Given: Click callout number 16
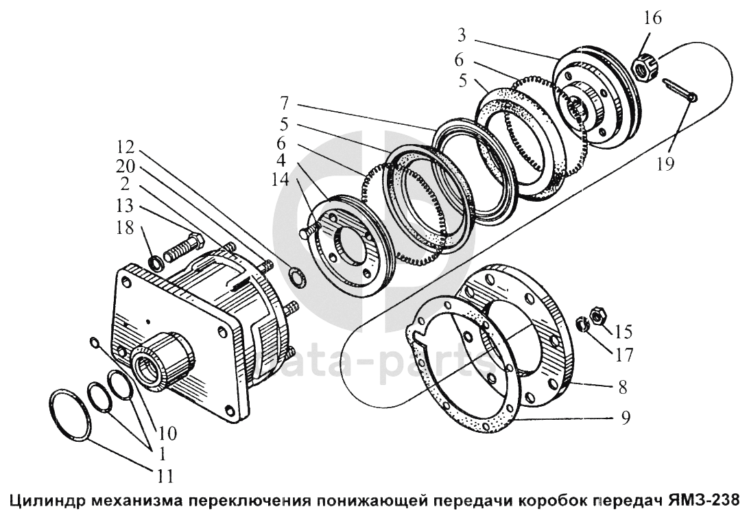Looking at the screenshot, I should point(653,19).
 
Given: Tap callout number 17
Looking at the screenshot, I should point(623,357).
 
